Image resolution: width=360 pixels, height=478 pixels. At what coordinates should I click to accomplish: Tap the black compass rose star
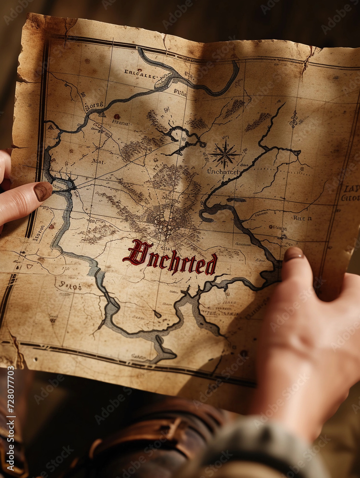click(x=224, y=154)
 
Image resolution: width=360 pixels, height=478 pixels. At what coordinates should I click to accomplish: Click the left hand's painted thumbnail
click(x=43, y=191)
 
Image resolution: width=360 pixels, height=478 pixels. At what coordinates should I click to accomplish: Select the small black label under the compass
click(x=223, y=171)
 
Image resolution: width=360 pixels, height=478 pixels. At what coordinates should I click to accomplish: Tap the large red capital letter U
click(x=136, y=253)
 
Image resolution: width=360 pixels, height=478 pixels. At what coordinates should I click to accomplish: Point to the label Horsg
click(x=94, y=105)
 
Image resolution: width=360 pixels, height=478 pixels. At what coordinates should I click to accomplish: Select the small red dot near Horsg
click(x=116, y=116)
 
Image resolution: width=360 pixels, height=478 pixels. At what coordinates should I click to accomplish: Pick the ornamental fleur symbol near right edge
click(x=294, y=119)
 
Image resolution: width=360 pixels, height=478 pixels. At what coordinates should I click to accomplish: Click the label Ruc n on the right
click(x=302, y=218)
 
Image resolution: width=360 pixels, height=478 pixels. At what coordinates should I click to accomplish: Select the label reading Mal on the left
click(x=98, y=162)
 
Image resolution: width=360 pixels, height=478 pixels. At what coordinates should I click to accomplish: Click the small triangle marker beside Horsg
click(x=102, y=114)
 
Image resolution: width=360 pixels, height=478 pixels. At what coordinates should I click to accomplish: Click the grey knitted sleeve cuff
click(x=268, y=449)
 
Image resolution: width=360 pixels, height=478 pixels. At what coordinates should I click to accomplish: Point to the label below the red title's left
click(x=70, y=286)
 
